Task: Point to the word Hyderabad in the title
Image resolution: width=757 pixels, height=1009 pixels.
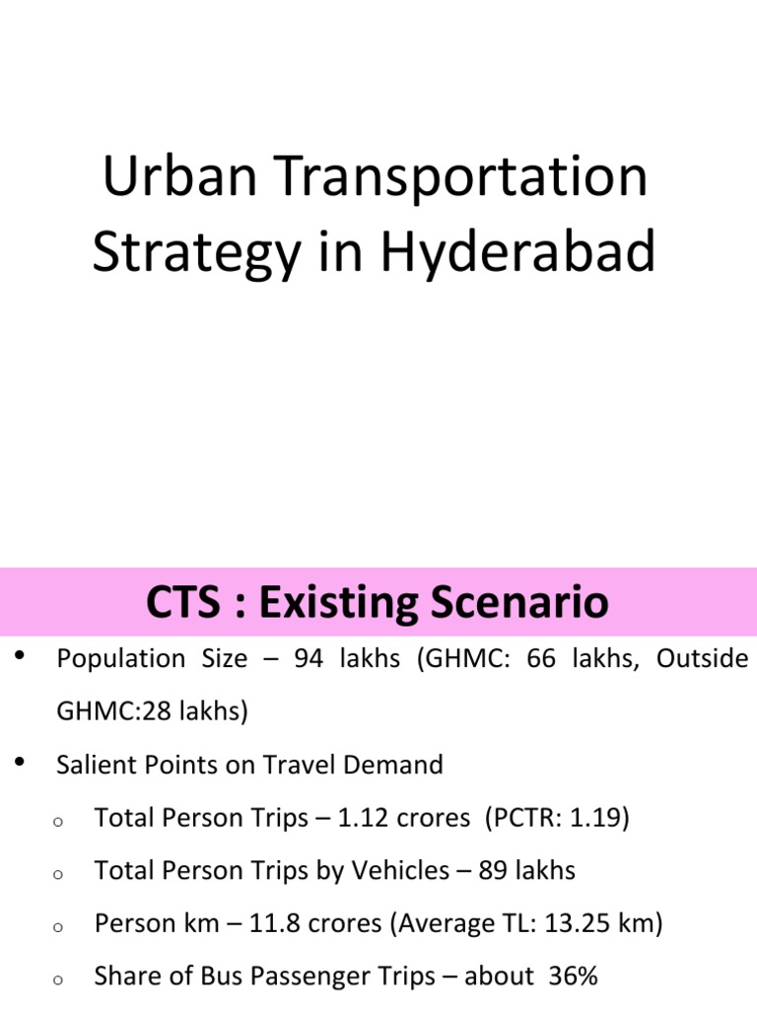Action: tap(517, 251)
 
